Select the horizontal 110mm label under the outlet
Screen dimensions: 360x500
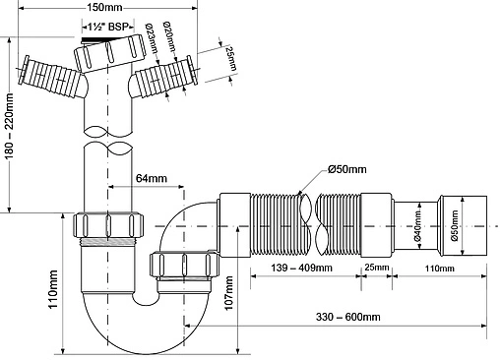(x=439, y=266)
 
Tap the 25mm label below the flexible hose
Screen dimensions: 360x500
(x=375, y=266)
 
